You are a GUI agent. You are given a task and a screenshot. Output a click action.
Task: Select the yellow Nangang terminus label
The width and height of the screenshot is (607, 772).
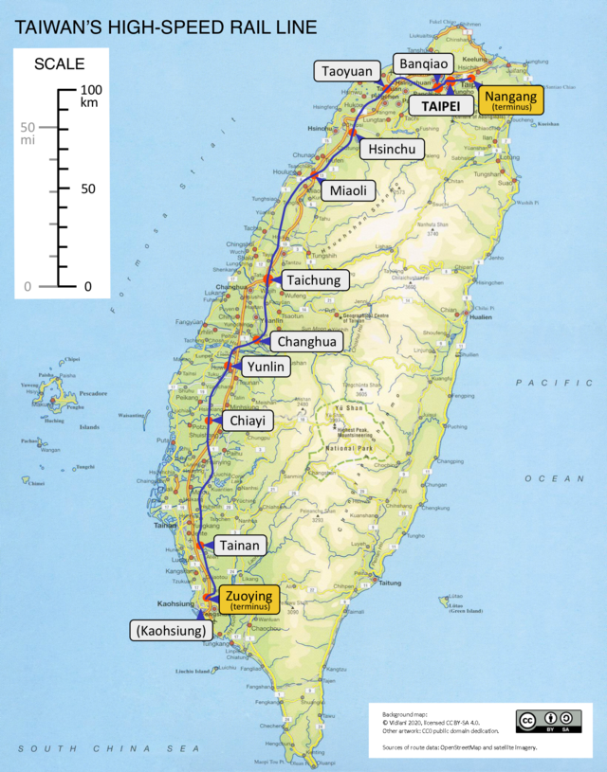coord(510,99)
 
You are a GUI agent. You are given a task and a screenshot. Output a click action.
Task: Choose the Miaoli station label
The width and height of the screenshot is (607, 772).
coord(348,190)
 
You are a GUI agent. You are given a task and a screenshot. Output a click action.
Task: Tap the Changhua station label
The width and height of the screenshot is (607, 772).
coord(307,341)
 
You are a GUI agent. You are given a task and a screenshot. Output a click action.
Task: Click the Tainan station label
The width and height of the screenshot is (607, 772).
coord(238,546)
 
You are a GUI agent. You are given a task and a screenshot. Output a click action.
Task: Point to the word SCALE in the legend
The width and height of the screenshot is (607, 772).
coord(58,64)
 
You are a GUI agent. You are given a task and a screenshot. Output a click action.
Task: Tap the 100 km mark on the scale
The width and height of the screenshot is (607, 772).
coord(91,96)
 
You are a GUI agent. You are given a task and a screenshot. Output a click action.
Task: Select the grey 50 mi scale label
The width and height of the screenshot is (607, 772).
coord(28,134)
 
